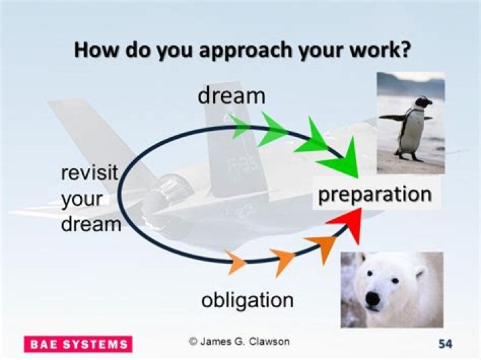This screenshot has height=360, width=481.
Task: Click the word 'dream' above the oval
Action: [231, 96]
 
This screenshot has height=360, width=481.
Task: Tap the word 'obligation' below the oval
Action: [247, 300]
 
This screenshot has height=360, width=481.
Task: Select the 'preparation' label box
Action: [374, 194]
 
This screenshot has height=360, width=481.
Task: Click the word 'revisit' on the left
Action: [89, 173]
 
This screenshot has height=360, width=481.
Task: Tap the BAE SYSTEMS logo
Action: [78, 344]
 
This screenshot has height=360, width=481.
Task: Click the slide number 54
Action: [446, 344]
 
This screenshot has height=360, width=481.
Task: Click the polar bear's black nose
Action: [367, 299]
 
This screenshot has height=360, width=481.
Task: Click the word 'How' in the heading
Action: [92, 50]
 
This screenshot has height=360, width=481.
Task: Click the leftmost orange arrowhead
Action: [236, 262]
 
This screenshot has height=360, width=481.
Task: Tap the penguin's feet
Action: [409, 158]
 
